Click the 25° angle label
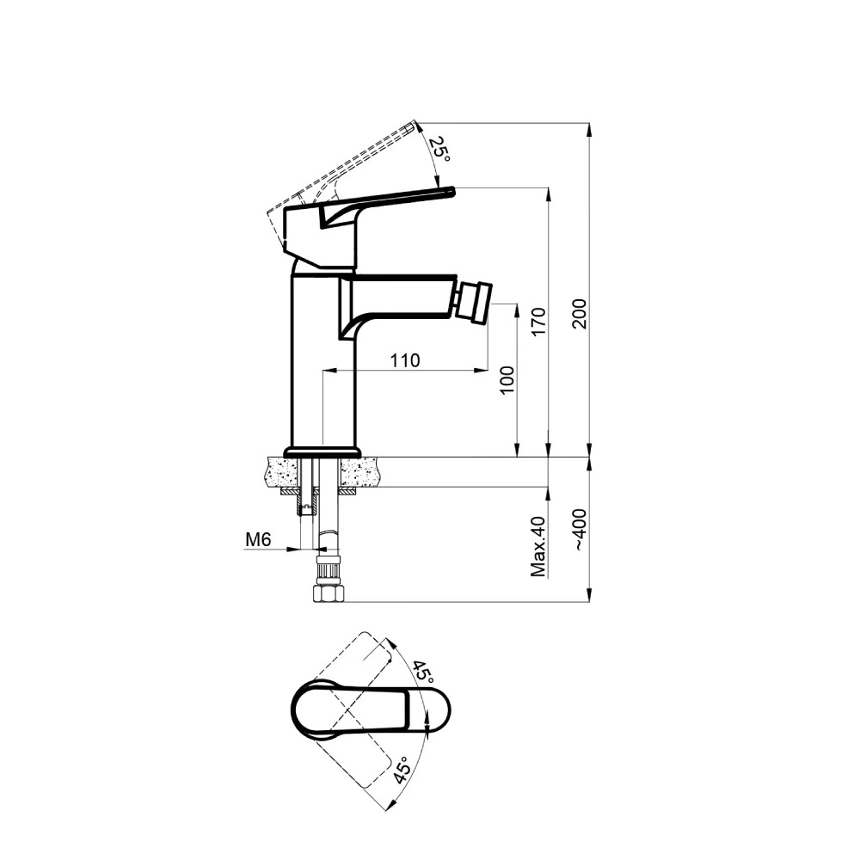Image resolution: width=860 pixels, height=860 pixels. tap(439, 149)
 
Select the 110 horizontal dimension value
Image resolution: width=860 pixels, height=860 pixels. tap(405, 360)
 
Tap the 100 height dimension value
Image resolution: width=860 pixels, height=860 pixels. tap(507, 379)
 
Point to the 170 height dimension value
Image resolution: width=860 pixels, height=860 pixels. tap(539, 322)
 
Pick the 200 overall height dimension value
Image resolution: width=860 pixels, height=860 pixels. tap(579, 314)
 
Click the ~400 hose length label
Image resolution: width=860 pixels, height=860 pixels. tap(579, 530)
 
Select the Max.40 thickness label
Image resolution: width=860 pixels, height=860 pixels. tap(539, 546)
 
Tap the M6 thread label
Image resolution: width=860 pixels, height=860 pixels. tap(258, 540)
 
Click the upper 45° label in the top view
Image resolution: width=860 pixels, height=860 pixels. tap(423, 672)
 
